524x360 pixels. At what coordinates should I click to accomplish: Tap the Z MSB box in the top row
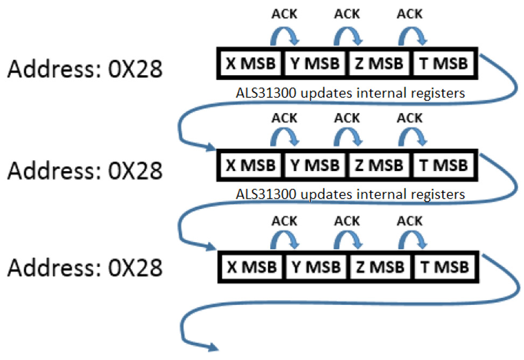pyautogui.click(x=379, y=63)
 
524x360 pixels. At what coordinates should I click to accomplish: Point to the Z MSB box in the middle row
pyautogui.click(x=379, y=165)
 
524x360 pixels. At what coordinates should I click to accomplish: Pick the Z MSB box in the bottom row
pyautogui.click(x=379, y=266)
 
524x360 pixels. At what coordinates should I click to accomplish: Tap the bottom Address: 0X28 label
pyautogui.click(x=85, y=267)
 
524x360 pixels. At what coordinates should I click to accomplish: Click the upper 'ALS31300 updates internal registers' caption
pyautogui.click(x=350, y=93)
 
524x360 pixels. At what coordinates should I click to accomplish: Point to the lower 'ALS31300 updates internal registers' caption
pyautogui.click(x=350, y=194)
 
